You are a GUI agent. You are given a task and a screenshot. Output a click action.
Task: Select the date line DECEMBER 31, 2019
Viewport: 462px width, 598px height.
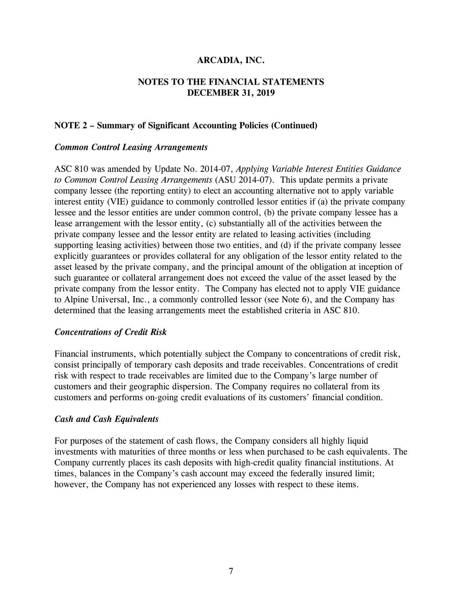tap(231, 93)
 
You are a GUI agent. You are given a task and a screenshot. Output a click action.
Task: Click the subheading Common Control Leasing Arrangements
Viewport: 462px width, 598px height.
tap(131, 147)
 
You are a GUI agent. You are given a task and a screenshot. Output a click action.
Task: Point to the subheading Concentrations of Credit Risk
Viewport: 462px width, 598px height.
tap(110, 332)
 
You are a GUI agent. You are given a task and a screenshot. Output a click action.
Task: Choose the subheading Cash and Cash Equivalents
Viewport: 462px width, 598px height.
tap(106, 419)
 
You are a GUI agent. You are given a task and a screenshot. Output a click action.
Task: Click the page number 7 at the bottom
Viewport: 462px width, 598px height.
tap(231, 570)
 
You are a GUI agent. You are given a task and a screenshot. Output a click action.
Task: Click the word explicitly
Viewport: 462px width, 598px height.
tap(71, 256)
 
